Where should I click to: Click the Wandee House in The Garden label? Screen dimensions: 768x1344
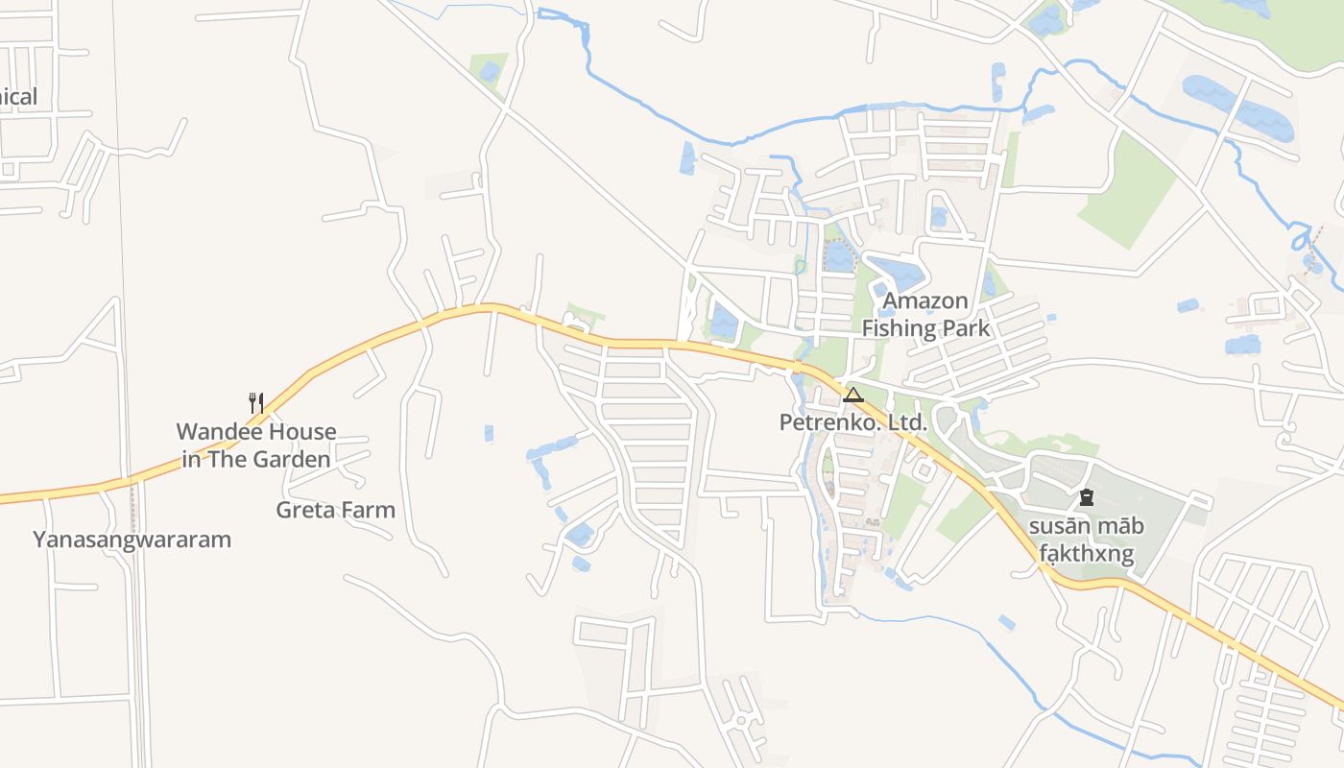pyautogui.click(x=256, y=445)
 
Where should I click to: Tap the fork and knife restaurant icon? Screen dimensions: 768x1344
pyautogui.click(x=256, y=402)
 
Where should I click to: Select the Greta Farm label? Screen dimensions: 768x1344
pyautogui.click(x=335, y=510)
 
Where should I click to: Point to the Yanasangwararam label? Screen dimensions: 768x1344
pyautogui.click(x=132, y=540)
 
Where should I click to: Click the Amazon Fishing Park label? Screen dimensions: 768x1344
pyautogui.click(x=925, y=314)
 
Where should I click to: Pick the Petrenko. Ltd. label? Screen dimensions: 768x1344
pyautogui.click(x=852, y=422)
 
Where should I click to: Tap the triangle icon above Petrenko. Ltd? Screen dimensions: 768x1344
pyautogui.click(x=852, y=395)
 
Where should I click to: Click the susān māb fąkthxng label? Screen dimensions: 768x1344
pyautogui.click(x=1086, y=540)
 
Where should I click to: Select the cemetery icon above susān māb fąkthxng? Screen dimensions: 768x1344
pyautogui.click(x=1086, y=497)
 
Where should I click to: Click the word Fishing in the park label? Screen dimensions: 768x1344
pyautogui.click(x=899, y=328)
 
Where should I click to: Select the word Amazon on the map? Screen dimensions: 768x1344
pyautogui.click(x=925, y=300)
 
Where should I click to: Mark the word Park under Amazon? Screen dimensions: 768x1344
pyautogui.click(x=966, y=328)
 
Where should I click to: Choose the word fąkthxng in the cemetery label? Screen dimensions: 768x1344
pyautogui.click(x=1086, y=554)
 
